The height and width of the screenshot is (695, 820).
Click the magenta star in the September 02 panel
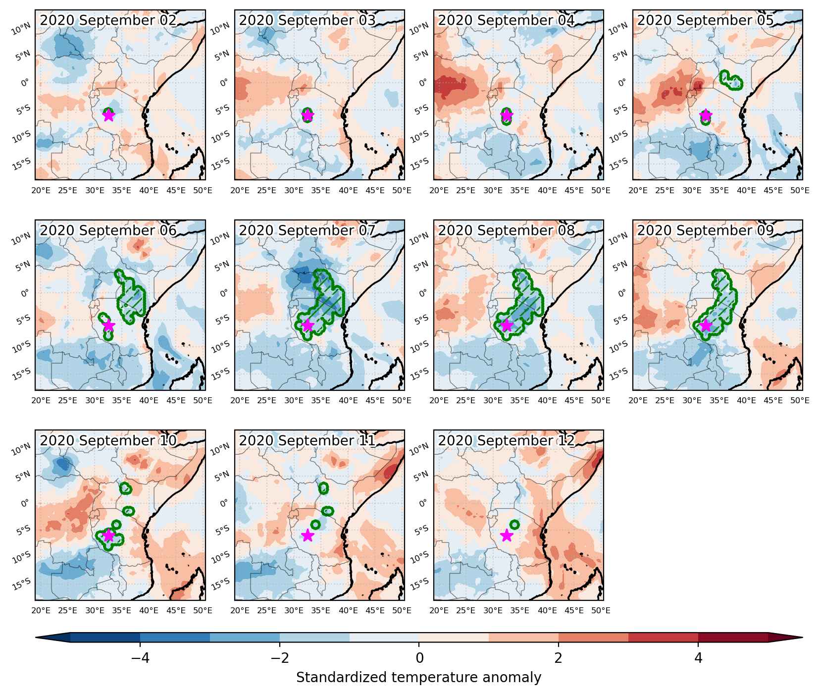pos(108,115)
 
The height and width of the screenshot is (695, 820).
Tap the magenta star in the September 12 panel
pos(506,535)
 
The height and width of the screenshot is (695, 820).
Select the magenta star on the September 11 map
pos(307,535)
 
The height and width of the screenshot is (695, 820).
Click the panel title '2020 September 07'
pos(307,230)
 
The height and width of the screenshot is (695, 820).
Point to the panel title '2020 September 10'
pos(108,440)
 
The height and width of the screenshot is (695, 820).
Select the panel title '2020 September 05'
pos(705,20)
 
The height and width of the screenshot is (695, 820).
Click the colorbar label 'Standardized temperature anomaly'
pos(419,678)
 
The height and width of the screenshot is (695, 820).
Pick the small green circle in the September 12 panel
pos(514,525)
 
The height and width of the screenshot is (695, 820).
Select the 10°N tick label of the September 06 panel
pos(23,240)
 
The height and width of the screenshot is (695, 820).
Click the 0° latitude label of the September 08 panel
pos(424,292)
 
